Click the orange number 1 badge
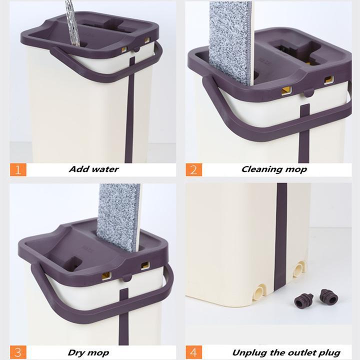[17, 169]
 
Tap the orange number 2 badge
[194, 169]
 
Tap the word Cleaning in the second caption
[261, 169]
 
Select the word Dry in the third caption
[77, 352]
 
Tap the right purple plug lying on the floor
[328, 297]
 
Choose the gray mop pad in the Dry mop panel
[119, 215]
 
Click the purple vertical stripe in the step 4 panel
[281, 235]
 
